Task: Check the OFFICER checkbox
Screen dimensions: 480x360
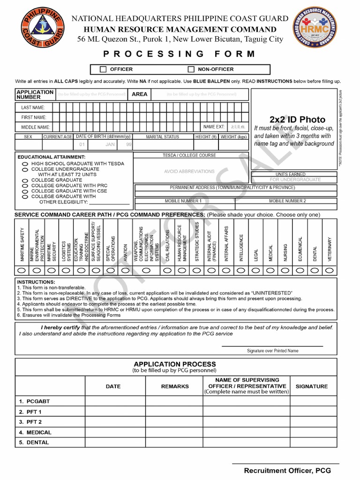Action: (x=103, y=69)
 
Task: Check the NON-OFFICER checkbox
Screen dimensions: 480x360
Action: (x=191, y=69)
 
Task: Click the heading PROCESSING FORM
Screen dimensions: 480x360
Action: (x=180, y=54)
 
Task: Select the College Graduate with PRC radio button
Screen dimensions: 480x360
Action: (x=25, y=186)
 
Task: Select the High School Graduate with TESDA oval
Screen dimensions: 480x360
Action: (x=25, y=164)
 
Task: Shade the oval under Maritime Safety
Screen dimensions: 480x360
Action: (x=22, y=270)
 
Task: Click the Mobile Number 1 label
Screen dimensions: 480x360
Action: (x=183, y=201)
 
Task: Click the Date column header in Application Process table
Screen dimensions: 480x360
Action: (x=113, y=386)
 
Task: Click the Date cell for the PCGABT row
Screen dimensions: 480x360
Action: (x=115, y=402)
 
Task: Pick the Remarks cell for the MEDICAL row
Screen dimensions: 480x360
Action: (x=174, y=432)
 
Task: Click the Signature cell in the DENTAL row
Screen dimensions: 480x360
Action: (x=312, y=442)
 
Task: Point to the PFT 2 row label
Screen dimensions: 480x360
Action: (x=30, y=422)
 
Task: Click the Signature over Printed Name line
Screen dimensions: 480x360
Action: (x=272, y=346)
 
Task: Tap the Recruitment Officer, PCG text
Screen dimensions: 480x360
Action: (x=287, y=471)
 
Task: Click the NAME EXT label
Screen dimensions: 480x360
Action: (x=214, y=127)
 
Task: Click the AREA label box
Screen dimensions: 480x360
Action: (x=140, y=94)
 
